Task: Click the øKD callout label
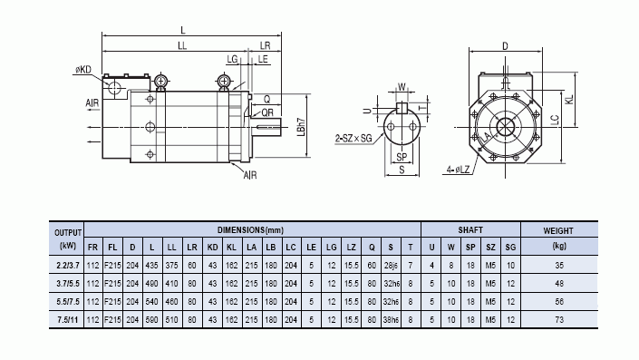pos(83,70)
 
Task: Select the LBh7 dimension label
pos(301,126)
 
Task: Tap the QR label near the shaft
pos(267,112)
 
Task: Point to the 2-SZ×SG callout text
pos(353,138)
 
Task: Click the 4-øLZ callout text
pos(458,170)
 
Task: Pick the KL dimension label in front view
pos(569,99)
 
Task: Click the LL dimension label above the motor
pos(182,45)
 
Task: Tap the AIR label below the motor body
pos(250,175)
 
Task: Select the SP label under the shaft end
pos(402,157)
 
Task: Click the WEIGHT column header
pos(558,230)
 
